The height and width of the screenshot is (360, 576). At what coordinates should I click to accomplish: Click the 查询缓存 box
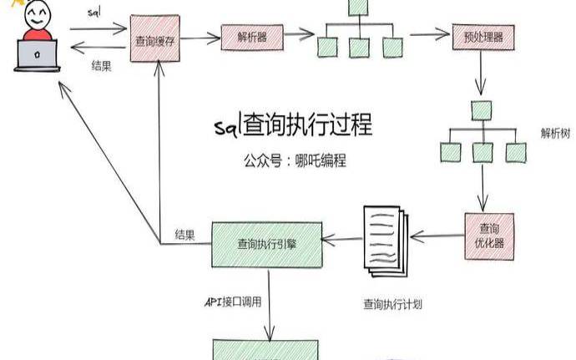(155, 40)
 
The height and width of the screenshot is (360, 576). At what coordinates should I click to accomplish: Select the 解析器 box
(253, 37)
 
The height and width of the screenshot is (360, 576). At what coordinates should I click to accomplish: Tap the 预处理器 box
(483, 38)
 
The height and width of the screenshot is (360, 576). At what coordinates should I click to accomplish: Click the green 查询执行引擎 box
(266, 244)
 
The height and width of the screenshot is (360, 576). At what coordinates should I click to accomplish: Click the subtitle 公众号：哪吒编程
(291, 160)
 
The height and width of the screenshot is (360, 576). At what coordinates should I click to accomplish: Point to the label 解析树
(556, 134)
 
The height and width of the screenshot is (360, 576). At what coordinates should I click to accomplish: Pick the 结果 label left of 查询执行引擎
(185, 234)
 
